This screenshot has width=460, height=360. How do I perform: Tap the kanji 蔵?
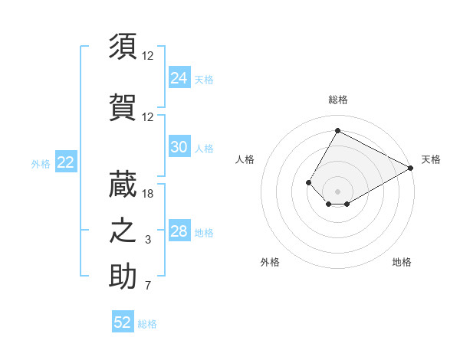(123, 184)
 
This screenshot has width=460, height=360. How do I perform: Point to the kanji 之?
(123, 231)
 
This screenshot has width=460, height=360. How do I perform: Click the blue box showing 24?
(179, 78)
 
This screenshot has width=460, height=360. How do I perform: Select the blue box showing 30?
(179, 147)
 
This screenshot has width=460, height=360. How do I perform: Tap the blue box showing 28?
(179, 231)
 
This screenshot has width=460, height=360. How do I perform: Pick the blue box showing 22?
(65, 162)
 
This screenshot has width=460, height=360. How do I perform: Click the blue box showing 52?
(123, 322)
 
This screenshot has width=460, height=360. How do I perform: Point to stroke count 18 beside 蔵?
(148, 194)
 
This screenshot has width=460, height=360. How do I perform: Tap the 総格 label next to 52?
(147, 324)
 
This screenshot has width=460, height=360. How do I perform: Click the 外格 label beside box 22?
(41, 163)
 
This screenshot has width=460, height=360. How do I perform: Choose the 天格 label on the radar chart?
(431, 159)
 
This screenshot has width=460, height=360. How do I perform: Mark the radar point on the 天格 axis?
(412, 169)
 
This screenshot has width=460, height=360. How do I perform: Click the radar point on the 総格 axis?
(337, 130)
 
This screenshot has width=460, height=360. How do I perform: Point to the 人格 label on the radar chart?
(245, 159)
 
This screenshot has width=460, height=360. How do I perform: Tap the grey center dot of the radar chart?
(337, 191)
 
